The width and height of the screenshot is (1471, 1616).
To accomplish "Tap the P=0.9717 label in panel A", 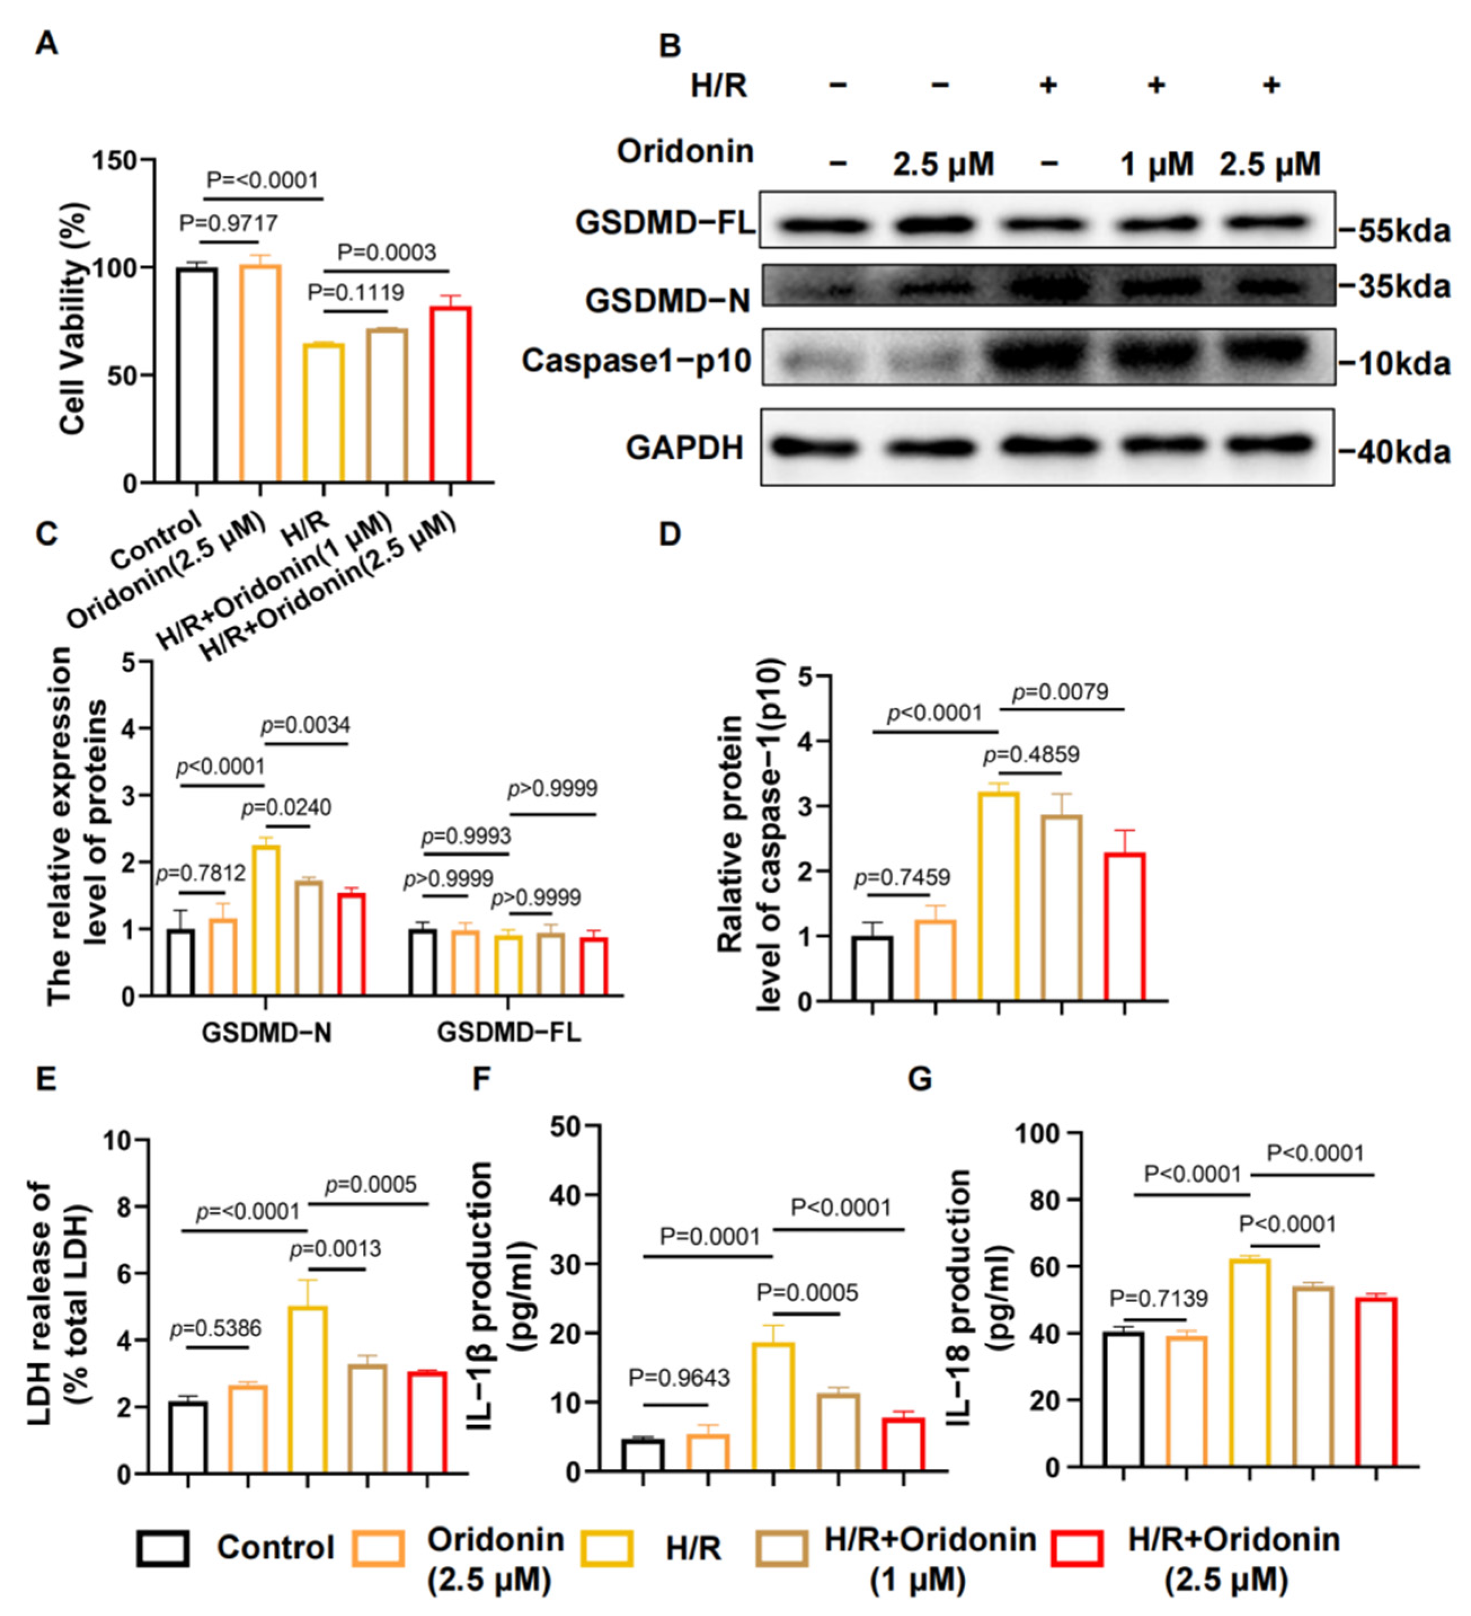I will [229, 223].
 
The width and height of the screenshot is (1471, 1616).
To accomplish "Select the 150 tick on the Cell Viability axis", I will [114, 161].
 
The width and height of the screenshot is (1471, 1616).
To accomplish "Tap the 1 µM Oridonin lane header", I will [1157, 165].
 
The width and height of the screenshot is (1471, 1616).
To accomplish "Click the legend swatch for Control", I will [163, 1548].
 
